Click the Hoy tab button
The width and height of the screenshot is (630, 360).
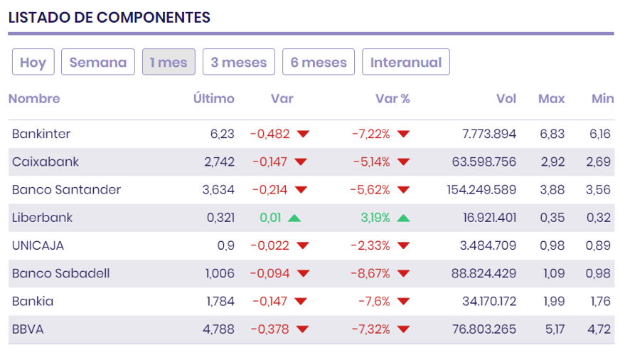click(x=33, y=63)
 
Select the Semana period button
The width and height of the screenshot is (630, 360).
click(x=98, y=63)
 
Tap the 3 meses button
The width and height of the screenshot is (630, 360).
click(x=239, y=63)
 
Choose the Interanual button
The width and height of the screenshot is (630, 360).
click(x=406, y=63)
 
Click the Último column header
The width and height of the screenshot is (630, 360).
click(x=213, y=99)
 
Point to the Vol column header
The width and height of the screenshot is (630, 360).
click(x=506, y=99)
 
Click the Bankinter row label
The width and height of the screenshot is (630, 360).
click(x=41, y=134)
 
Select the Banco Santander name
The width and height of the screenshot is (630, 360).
click(x=66, y=190)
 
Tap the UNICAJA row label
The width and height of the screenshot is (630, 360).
click(x=38, y=245)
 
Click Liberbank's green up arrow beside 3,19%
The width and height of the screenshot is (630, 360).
click(x=404, y=218)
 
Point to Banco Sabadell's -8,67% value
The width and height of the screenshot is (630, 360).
click(x=371, y=273)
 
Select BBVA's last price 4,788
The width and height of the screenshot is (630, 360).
click(x=220, y=329)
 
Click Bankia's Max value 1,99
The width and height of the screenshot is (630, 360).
click(x=552, y=301)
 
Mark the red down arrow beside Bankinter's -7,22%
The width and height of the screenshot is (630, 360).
click(x=404, y=134)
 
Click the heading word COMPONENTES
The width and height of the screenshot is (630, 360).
click(x=154, y=18)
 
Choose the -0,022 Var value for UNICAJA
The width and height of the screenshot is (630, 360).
click(x=269, y=245)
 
